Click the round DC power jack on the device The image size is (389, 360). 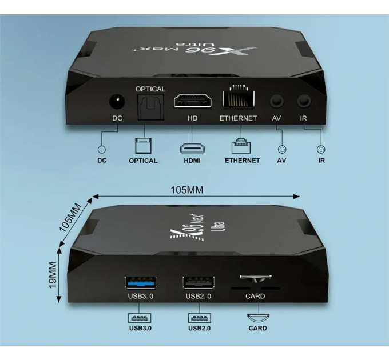pyautogui.click(x=117, y=102)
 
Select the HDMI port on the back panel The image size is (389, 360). pyautogui.click(x=193, y=101)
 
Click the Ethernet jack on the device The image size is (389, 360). pyautogui.click(x=239, y=98)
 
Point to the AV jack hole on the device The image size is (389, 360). pyautogui.click(x=277, y=101)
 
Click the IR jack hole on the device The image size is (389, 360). pyautogui.click(x=304, y=101)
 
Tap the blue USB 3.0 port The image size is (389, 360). pyautogui.click(x=141, y=283)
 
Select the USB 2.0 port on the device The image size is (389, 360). pyautogui.click(x=199, y=283)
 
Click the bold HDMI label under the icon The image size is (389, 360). pyautogui.click(x=192, y=161)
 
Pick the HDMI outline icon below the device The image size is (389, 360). pyautogui.click(x=192, y=148)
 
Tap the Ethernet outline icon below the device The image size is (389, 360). pyautogui.click(x=241, y=146)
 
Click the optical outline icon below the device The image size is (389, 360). pyautogui.click(x=143, y=146)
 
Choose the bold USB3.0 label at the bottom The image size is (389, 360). pyautogui.click(x=140, y=329)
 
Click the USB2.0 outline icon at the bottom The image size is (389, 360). pyautogui.click(x=200, y=318)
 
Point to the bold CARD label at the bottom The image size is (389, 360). pyautogui.click(x=258, y=329)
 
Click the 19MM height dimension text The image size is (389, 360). pyautogui.click(x=53, y=275)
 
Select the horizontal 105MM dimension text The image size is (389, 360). pyautogui.click(x=187, y=190)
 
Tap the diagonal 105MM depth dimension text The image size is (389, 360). pyautogui.click(x=70, y=217)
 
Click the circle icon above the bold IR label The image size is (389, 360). pyautogui.click(x=321, y=149)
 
